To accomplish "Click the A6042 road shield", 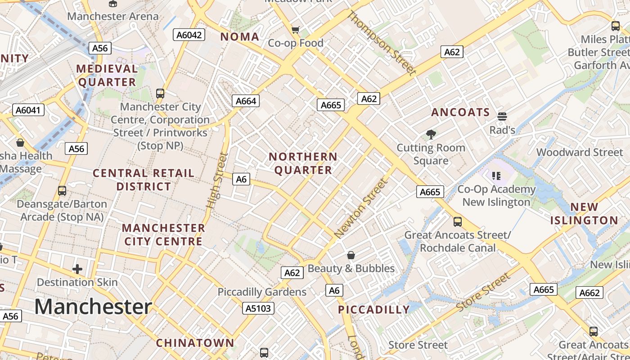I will tap(189, 35).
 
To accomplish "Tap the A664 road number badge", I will tap(246, 101).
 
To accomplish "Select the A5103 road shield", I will tap(258, 308).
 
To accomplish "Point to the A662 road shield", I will tap(589, 293).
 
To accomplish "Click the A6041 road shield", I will tap(28, 110).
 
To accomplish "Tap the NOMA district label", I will tap(239, 37).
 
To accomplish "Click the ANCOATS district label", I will tap(460, 112).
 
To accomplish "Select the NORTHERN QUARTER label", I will tap(303, 163).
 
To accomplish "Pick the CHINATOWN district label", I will tap(195, 343).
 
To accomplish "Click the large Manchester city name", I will tap(93, 307).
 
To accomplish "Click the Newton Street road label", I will tap(361, 208).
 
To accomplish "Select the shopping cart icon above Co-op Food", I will tap(295, 30).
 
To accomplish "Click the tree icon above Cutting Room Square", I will tap(431, 134).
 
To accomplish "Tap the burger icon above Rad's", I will tap(502, 117).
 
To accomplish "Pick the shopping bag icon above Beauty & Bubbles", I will tap(351, 255).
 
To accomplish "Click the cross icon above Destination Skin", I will tap(77, 269).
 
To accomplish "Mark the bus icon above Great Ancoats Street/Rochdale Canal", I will tap(458, 221).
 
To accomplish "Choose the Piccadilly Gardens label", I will tap(262, 292).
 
